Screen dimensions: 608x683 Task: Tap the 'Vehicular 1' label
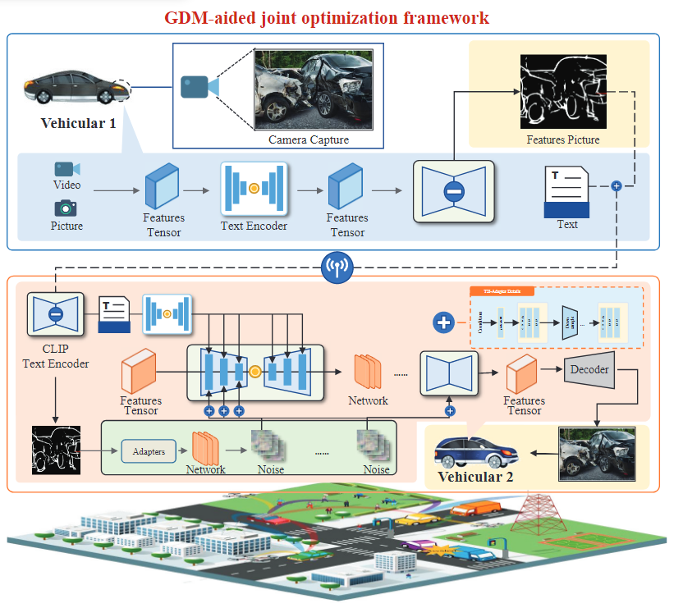pyautogui.click(x=78, y=124)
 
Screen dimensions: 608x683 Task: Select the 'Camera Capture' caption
pyautogui.click(x=308, y=139)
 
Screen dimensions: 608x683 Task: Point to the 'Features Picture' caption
pyautogui.click(x=562, y=139)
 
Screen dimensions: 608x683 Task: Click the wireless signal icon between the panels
pyautogui.click(x=337, y=267)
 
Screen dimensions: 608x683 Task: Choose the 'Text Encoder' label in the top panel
pyautogui.click(x=254, y=225)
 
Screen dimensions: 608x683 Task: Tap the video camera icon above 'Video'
pyautogui.click(x=66, y=169)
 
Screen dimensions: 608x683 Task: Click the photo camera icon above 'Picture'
pyautogui.click(x=66, y=208)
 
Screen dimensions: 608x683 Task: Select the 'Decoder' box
pyautogui.click(x=589, y=370)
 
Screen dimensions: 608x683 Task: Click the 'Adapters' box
pyautogui.click(x=148, y=451)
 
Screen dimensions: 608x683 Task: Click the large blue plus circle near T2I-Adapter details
pyautogui.click(x=444, y=322)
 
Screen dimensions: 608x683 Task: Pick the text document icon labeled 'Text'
pyautogui.click(x=566, y=191)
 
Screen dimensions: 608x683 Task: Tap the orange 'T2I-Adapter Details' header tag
pyautogui.click(x=502, y=290)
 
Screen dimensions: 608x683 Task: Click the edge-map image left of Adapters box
pyautogui.click(x=55, y=451)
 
